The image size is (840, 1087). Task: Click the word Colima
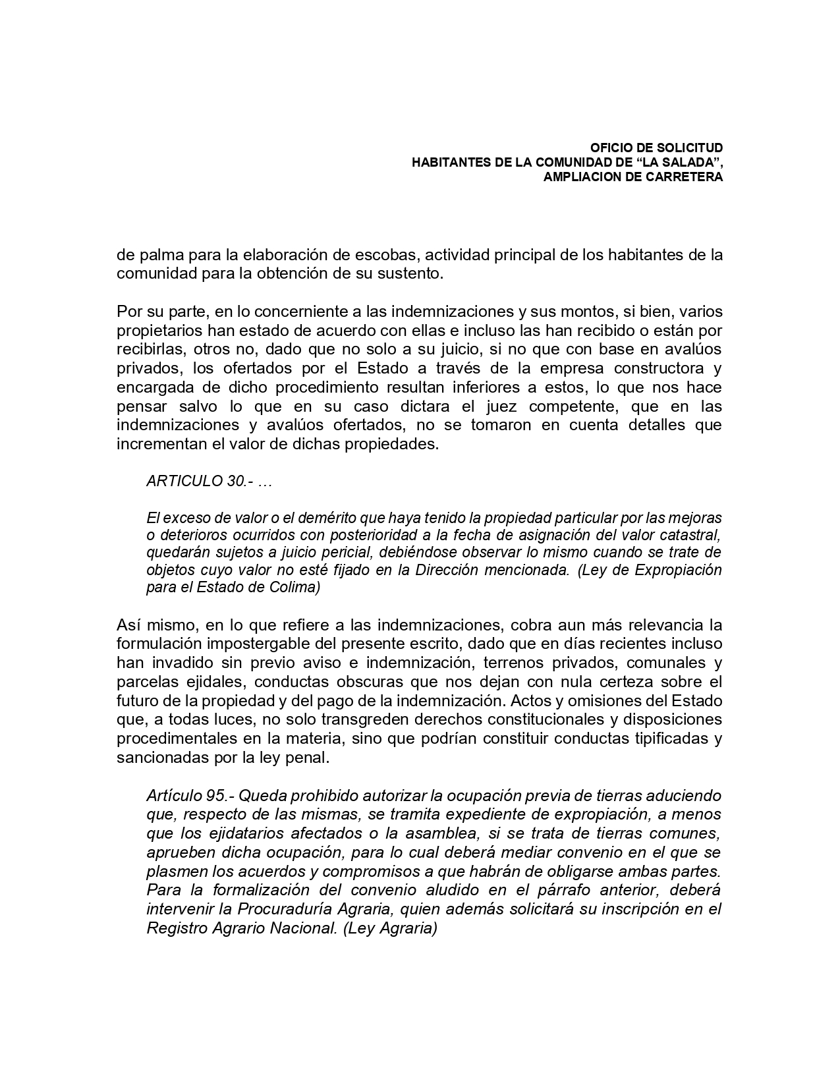coord(294,588)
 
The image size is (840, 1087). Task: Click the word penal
coord(308,758)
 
